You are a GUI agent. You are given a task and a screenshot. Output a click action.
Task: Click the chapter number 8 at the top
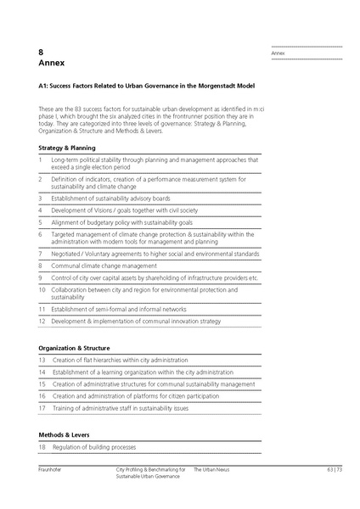pos(42,52)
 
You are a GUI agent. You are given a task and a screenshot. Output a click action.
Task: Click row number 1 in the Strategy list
pos(41,159)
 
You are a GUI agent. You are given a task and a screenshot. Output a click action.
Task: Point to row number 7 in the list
pos(41,253)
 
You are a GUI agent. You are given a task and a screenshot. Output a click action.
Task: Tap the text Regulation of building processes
pos(94,447)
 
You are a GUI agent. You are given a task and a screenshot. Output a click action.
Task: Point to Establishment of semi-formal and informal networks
pos(118,310)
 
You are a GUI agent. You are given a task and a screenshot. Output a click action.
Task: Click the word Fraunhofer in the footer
pos(53,469)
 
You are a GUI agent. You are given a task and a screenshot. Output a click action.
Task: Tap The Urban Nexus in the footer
pos(212,469)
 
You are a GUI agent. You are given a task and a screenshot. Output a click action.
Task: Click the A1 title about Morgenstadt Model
pos(147,86)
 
